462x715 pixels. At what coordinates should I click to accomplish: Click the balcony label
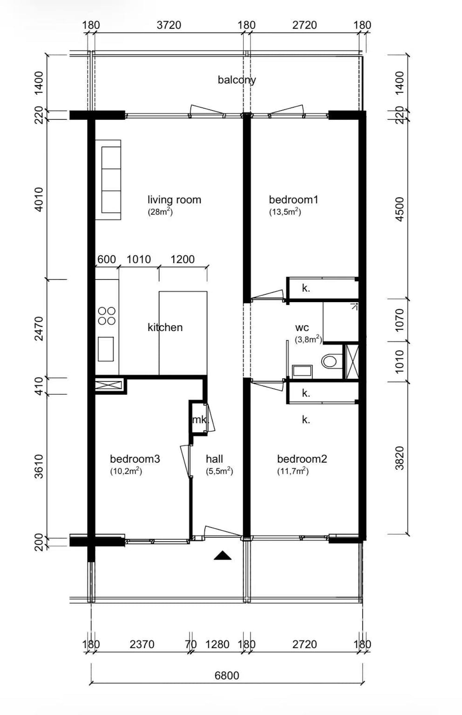click(237, 80)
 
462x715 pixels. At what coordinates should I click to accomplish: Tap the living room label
click(174, 200)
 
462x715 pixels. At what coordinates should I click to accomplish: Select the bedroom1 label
click(294, 200)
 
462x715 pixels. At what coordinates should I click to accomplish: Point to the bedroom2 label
click(302, 459)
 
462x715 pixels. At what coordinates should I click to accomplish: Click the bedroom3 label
click(135, 459)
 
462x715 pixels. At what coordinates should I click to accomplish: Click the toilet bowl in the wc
click(329, 361)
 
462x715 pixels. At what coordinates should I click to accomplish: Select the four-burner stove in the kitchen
click(107, 316)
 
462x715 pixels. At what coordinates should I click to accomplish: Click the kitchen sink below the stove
click(106, 349)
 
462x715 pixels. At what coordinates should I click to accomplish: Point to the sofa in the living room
click(108, 180)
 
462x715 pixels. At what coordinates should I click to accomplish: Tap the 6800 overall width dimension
click(227, 676)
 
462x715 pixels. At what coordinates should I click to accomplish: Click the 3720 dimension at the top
click(169, 25)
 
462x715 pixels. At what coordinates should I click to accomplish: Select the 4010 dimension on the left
click(39, 199)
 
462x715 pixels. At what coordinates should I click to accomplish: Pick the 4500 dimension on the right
click(400, 209)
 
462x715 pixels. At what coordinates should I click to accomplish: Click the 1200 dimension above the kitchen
click(182, 259)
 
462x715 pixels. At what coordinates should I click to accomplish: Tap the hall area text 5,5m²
click(219, 471)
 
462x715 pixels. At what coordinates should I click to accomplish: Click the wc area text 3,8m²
click(308, 339)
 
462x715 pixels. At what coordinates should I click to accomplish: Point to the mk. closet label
click(200, 420)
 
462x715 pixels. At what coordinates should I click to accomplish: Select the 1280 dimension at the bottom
click(217, 644)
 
